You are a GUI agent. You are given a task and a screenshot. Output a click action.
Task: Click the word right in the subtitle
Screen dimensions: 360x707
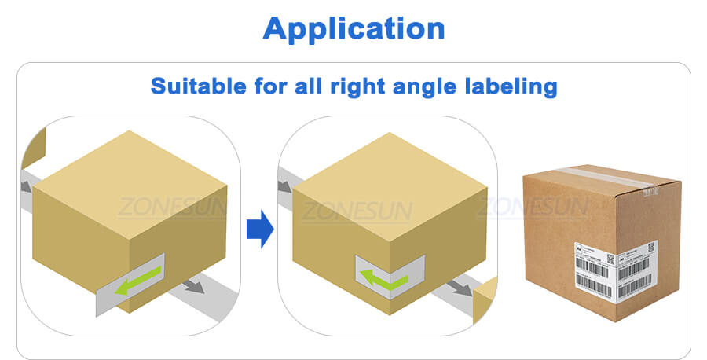(x=338, y=86)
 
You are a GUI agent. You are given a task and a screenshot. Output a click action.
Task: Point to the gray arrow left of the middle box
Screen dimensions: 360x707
(x=285, y=189)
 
